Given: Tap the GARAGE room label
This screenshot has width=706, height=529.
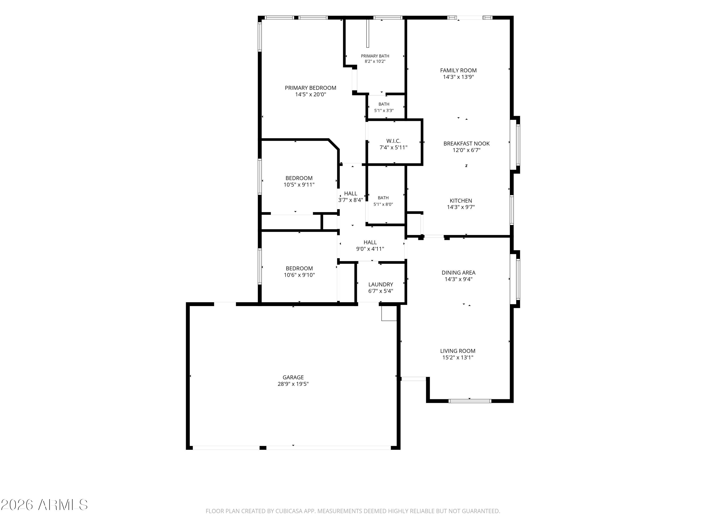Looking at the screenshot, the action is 293,377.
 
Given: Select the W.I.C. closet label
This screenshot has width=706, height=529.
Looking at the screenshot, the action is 393,141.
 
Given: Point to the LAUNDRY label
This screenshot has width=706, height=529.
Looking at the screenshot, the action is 381,284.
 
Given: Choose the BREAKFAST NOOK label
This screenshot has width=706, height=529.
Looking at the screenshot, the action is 466,143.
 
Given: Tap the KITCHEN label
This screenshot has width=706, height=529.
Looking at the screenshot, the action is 461,201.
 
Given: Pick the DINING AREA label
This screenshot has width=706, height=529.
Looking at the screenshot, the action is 458,273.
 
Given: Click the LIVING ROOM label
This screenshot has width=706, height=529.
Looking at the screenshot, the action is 458,351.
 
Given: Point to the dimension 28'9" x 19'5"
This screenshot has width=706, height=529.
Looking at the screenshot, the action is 293,384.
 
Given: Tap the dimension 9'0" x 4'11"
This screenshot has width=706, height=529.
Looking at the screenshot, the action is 370,249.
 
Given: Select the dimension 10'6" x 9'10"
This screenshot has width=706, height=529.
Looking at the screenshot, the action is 299,275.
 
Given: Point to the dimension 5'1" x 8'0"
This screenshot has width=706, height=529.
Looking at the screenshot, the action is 383,204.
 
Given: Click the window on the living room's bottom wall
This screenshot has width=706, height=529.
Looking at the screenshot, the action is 469,401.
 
